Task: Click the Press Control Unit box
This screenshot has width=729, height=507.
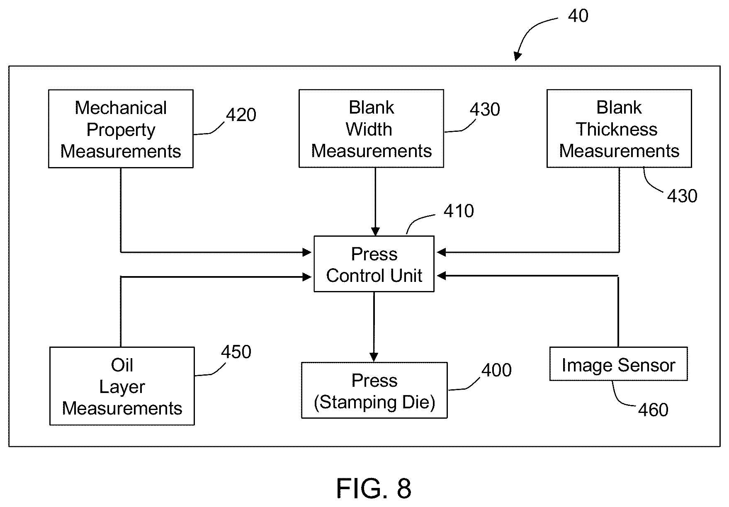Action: (x=374, y=264)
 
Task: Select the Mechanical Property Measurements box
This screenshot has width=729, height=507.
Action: (x=121, y=129)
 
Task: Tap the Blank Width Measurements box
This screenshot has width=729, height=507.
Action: (x=371, y=129)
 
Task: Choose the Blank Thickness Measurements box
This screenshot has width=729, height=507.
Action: (x=619, y=129)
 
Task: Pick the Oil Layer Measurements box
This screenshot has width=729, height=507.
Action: (x=122, y=386)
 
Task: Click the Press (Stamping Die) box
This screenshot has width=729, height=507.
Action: (x=374, y=390)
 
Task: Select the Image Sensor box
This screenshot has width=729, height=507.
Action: (x=618, y=364)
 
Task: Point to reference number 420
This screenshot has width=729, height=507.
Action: (x=241, y=115)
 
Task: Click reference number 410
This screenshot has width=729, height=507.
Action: (x=459, y=211)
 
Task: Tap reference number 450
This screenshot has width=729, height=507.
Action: (x=236, y=352)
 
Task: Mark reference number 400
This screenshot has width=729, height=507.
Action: (x=496, y=370)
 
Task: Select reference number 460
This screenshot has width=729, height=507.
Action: (x=653, y=410)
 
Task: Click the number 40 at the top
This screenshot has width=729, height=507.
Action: (x=578, y=16)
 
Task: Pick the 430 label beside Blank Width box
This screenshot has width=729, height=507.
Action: (x=485, y=109)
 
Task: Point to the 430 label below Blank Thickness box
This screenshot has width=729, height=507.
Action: (x=682, y=196)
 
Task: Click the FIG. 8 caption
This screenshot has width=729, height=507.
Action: (x=374, y=488)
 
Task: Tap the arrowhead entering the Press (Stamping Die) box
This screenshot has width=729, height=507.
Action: (x=374, y=357)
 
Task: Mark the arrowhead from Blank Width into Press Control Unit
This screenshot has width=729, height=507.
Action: (x=375, y=231)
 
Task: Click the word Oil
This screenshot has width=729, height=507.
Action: (x=122, y=365)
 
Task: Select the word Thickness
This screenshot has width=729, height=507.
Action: (x=617, y=129)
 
